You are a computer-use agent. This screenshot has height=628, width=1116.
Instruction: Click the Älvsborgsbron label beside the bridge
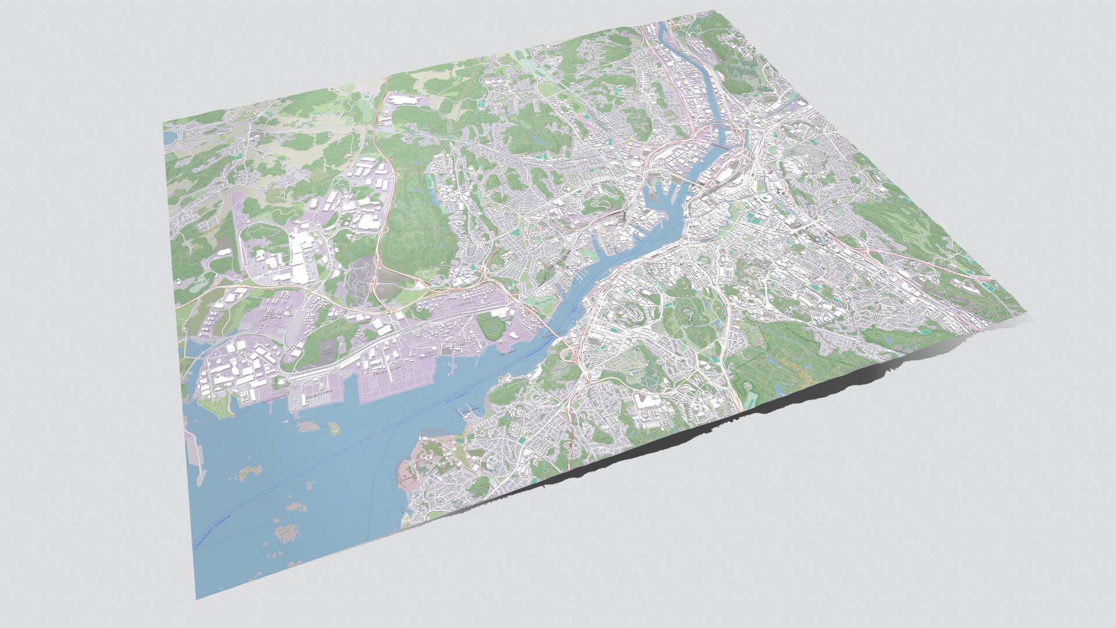(554, 336)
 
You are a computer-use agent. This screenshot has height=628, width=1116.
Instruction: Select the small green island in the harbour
(334, 429)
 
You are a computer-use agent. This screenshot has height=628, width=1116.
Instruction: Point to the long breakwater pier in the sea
(196, 459)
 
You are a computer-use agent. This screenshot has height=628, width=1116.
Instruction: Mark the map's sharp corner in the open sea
(196, 598)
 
